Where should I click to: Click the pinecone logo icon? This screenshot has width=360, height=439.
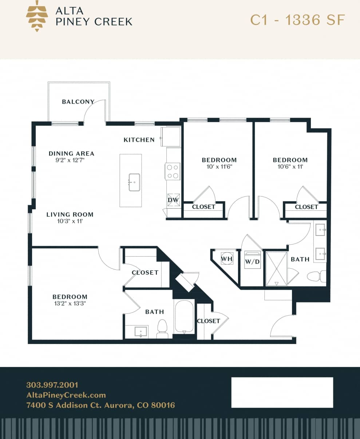(37, 16)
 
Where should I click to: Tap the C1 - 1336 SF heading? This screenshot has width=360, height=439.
(297, 20)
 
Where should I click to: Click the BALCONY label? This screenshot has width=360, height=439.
(78, 102)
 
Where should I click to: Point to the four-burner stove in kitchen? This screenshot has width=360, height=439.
(173, 171)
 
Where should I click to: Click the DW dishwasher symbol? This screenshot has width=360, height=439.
(173, 200)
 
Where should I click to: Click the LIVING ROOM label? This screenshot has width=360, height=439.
(70, 214)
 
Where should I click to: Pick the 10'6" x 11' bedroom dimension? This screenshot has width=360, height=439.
(290, 166)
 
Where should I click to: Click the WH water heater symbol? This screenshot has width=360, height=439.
(227, 258)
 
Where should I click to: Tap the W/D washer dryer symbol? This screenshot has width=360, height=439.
(252, 260)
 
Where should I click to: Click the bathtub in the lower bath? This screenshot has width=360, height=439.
(184, 316)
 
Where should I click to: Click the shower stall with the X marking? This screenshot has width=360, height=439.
(277, 268)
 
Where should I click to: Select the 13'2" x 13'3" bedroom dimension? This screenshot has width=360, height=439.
(70, 303)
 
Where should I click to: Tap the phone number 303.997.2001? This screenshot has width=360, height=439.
(52, 385)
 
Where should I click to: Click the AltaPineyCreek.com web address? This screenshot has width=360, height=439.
(66, 395)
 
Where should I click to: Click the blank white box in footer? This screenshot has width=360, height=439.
(282, 392)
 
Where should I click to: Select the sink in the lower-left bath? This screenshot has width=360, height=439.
(141, 332)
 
